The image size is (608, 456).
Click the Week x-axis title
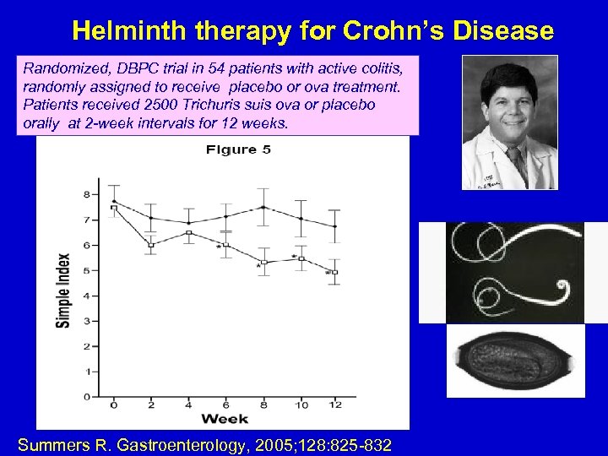[x=225, y=418]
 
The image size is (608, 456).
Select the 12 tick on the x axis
[x=335, y=405]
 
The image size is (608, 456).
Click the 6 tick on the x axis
[x=225, y=405]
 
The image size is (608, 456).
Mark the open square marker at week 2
[x=151, y=245]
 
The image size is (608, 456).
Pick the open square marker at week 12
[x=335, y=272]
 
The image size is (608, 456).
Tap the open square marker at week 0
[x=114, y=208]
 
